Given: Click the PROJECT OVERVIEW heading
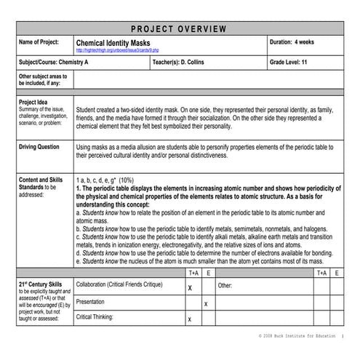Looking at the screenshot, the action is pyautogui.click(x=179, y=29).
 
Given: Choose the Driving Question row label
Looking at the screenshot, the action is pyautogui.click(x=39, y=146).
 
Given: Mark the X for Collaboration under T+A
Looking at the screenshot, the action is pyautogui.click(x=189, y=288).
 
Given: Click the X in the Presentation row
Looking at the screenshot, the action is pyautogui.click(x=206, y=303).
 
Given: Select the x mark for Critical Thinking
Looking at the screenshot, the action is pyautogui.click(x=189, y=319).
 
